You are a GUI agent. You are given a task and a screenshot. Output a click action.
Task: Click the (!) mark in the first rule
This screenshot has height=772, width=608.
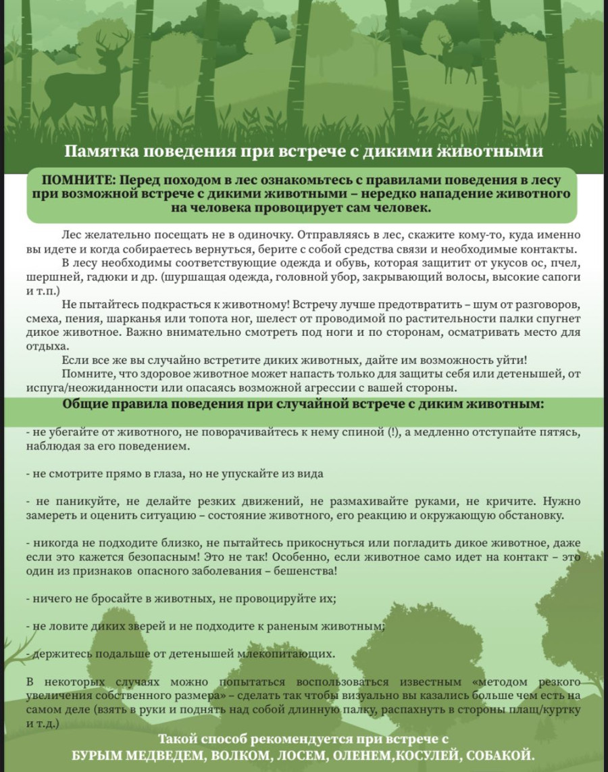[393, 433]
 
